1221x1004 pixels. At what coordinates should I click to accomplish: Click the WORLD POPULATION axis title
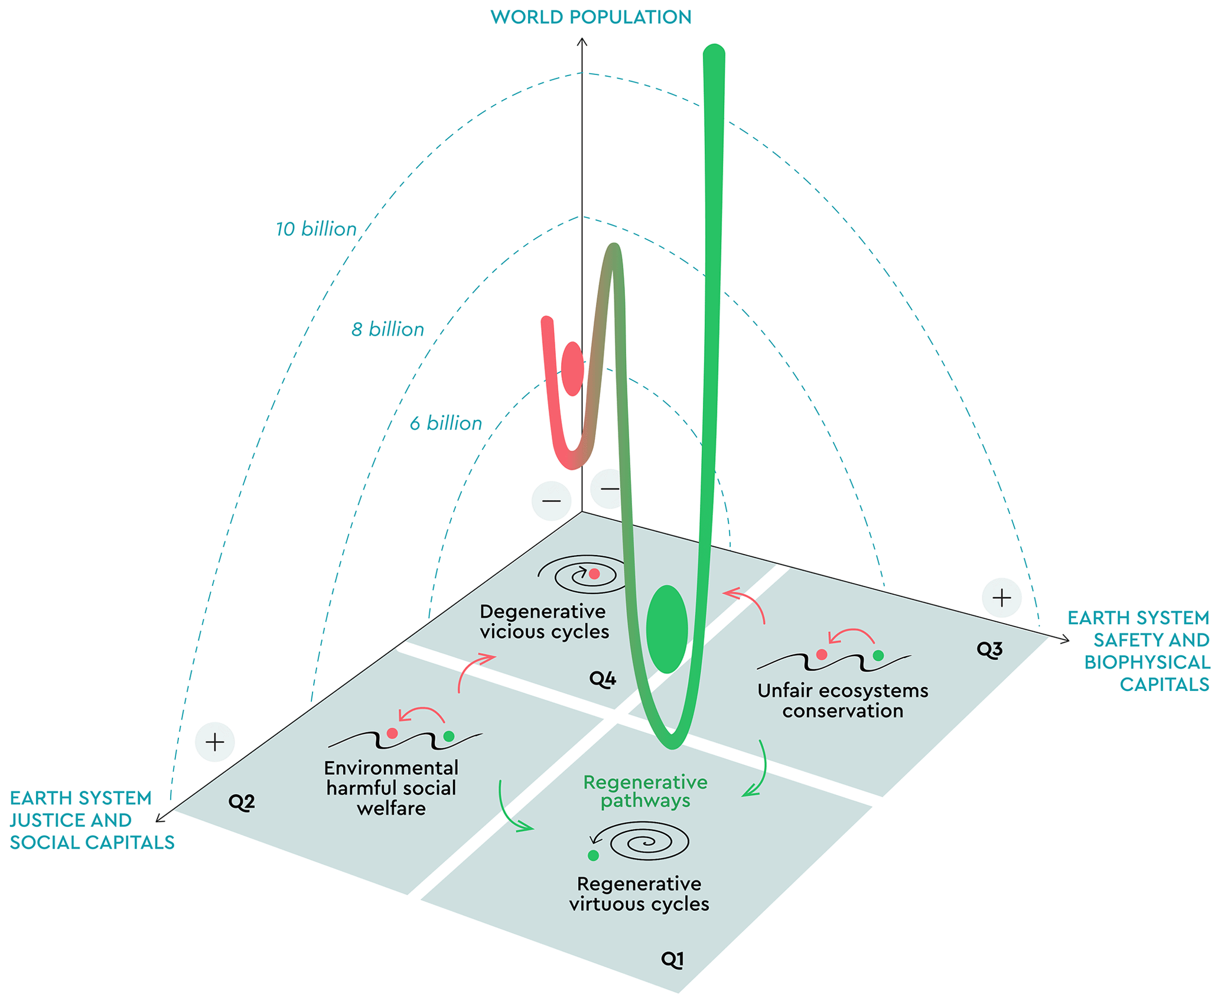pyautogui.click(x=591, y=17)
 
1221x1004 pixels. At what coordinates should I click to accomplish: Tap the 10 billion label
pyautogui.click(x=316, y=229)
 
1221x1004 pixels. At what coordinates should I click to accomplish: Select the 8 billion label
pyautogui.click(x=388, y=330)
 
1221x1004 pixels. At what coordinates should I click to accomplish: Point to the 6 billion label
pyautogui.click(x=446, y=423)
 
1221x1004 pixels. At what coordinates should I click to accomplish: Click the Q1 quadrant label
pyautogui.click(x=672, y=960)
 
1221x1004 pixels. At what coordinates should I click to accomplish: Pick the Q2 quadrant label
pyautogui.click(x=241, y=801)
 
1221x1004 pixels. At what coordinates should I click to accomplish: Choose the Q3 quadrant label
pyautogui.click(x=989, y=650)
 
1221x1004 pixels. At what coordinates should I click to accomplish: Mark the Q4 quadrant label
pyautogui.click(x=603, y=679)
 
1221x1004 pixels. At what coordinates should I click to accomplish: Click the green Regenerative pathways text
pyautogui.click(x=645, y=791)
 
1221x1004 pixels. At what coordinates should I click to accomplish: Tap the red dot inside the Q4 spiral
pyautogui.click(x=594, y=573)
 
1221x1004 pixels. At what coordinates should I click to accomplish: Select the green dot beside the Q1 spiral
pyautogui.click(x=594, y=855)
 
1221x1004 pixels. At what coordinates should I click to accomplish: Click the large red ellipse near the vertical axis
pyautogui.click(x=572, y=369)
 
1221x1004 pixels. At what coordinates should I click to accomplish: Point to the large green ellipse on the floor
pyautogui.click(x=667, y=629)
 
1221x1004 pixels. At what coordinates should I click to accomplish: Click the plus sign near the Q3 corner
pyautogui.click(x=1001, y=598)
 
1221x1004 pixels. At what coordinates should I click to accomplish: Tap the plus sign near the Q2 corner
pyautogui.click(x=215, y=742)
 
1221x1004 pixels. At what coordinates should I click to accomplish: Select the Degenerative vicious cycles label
pyautogui.click(x=544, y=622)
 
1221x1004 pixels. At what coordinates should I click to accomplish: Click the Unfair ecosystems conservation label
pyautogui.click(x=843, y=700)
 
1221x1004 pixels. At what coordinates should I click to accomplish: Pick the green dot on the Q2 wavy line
pyautogui.click(x=449, y=736)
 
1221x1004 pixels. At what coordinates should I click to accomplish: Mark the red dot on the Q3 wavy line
pyautogui.click(x=822, y=654)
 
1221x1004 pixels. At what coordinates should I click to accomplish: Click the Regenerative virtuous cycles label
pyautogui.click(x=639, y=894)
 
